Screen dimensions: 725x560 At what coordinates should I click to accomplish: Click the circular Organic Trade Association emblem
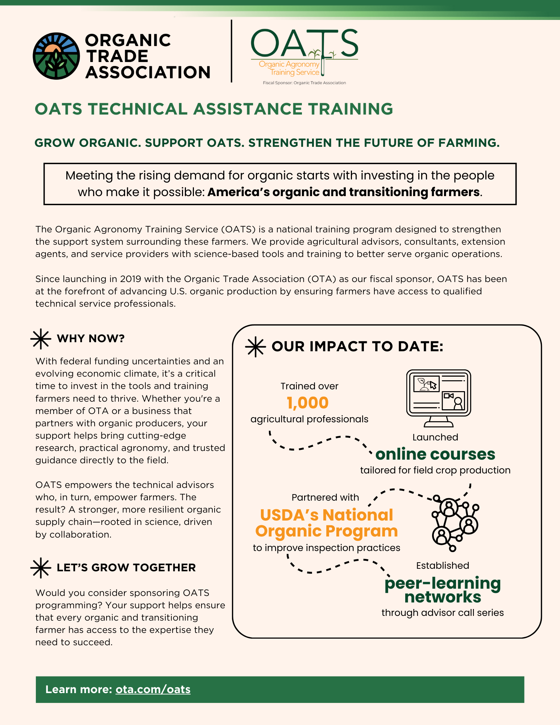[56, 56]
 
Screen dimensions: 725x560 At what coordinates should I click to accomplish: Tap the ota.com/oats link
[153, 689]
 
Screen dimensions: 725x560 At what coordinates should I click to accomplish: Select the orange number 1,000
[308, 403]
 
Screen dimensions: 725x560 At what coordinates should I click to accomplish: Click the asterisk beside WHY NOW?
[41, 339]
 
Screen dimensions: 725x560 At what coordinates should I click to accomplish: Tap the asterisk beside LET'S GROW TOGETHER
[41, 568]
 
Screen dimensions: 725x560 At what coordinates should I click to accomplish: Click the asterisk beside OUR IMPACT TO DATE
[256, 347]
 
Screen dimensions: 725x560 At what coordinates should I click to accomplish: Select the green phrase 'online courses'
[435, 454]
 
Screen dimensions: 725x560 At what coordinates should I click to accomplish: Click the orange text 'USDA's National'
[327, 515]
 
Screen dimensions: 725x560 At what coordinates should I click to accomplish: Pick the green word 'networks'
[443, 597]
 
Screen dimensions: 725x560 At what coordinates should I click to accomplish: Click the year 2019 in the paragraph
[131, 279]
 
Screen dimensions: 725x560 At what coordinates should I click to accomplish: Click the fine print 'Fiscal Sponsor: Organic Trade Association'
[304, 83]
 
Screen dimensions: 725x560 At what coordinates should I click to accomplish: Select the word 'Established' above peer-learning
[443, 565]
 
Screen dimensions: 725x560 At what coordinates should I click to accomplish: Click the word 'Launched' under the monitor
[435, 437]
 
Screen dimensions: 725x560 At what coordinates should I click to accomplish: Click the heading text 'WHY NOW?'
[91, 339]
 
